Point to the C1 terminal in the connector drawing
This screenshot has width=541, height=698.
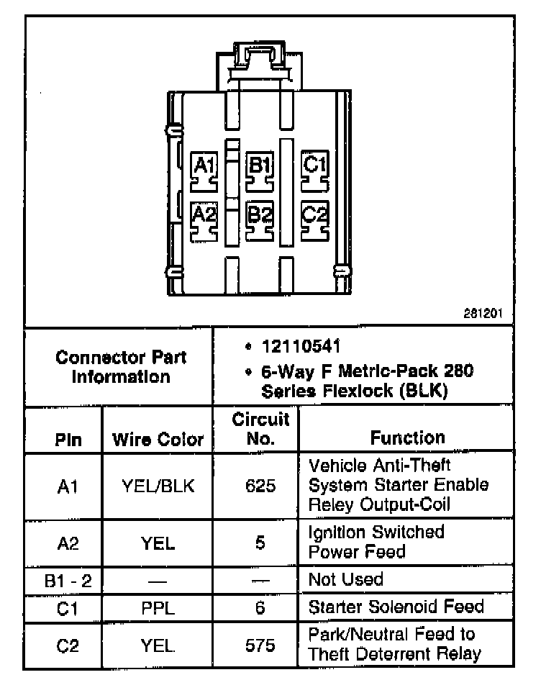coord(314,170)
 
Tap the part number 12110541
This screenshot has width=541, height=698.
coord(291,347)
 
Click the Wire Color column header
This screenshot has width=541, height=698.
coord(158,440)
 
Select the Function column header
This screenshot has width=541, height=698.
coord(407,438)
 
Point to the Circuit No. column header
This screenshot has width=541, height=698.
coord(260,429)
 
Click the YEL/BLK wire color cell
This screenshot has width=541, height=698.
coord(158,486)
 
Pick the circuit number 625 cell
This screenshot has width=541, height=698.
coord(260,486)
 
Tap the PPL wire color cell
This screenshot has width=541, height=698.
coord(158,607)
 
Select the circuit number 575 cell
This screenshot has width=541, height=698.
coord(260,645)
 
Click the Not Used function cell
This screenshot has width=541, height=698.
coord(345,579)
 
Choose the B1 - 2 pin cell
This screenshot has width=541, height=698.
coord(68,580)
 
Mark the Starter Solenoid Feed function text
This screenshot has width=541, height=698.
coord(396,607)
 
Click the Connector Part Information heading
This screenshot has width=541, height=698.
coord(121,366)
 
